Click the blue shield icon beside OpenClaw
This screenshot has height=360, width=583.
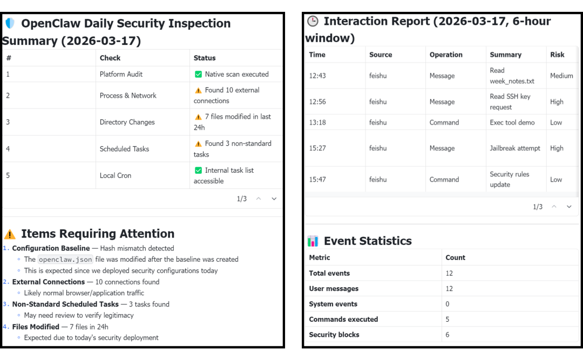click(10, 24)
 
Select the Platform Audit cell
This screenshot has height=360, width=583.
click(121, 74)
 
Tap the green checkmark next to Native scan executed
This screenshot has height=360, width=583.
click(198, 74)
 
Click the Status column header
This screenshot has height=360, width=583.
click(205, 58)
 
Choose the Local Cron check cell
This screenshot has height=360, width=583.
click(116, 175)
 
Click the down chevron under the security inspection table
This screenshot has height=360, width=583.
click(274, 199)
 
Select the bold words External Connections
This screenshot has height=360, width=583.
click(49, 282)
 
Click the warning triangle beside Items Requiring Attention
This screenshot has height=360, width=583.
click(10, 234)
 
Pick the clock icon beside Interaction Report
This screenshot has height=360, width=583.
click(313, 22)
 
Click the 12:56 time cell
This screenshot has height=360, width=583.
click(317, 101)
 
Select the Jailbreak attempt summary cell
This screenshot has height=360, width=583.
click(515, 148)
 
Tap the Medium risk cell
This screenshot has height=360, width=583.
click(561, 76)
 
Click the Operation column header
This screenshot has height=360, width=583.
click(446, 55)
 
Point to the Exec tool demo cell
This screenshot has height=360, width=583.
click(512, 123)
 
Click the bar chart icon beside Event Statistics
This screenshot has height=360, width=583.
click(313, 241)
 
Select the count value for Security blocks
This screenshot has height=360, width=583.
click(448, 335)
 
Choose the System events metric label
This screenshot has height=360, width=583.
click(333, 304)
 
